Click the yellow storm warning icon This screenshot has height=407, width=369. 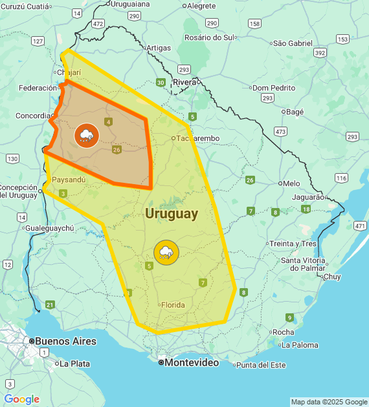(x=166, y=251)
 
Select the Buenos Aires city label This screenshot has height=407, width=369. (x=65, y=341)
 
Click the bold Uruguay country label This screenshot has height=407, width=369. (x=172, y=214)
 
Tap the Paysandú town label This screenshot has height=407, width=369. (x=68, y=180)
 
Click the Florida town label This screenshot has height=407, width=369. (x=173, y=305)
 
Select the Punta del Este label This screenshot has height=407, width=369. (x=260, y=365)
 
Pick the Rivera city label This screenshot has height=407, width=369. (x=184, y=82)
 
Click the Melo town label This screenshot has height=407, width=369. (x=291, y=183)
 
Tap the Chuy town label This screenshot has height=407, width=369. (x=331, y=277)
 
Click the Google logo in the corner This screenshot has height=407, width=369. (x=21, y=399)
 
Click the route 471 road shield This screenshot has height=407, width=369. (x=360, y=226)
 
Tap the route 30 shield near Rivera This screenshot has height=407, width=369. (x=160, y=82)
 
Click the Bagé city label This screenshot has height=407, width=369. (x=295, y=112)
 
